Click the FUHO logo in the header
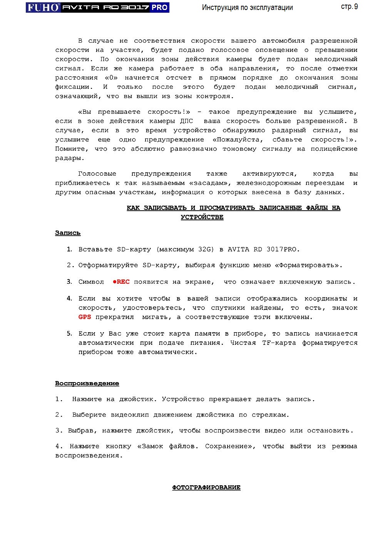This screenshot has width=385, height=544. tap(43, 7)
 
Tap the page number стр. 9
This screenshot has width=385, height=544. tap(349, 7)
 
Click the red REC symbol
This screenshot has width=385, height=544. tap(121, 282)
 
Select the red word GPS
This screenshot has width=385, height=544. tap(85, 317)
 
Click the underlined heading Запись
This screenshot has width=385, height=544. tap(68, 233)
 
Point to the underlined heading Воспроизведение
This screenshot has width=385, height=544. tap(87, 383)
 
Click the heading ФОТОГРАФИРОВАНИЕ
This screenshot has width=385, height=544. tap(206, 487)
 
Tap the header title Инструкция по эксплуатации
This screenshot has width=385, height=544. tap(247, 7)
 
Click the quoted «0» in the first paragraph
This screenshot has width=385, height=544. tap(111, 78)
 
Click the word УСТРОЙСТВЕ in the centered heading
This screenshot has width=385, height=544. tap(202, 217)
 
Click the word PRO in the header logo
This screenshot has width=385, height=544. tap(159, 7)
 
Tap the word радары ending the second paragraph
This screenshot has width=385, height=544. tap(69, 158)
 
